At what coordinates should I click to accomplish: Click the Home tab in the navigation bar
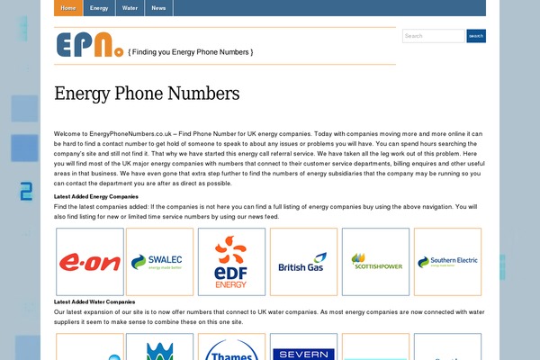click(x=68, y=8)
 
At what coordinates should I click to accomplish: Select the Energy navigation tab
click(x=99, y=8)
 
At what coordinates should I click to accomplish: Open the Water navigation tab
click(x=130, y=8)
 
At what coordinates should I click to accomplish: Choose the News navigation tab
click(x=158, y=8)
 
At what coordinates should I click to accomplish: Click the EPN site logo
click(x=89, y=45)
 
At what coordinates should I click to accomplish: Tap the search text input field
click(x=433, y=36)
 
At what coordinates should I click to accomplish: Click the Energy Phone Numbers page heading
click(x=147, y=94)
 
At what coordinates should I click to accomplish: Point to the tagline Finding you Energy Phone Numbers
click(x=191, y=52)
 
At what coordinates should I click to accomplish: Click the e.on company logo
click(x=89, y=261)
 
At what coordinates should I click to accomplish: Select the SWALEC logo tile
click(x=159, y=261)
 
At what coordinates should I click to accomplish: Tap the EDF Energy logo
click(x=230, y=261)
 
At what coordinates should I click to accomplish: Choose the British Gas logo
click(x=303, y=261)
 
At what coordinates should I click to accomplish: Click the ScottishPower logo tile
click(x=375, y=261)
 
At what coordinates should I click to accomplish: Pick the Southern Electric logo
click(x=447, y=261)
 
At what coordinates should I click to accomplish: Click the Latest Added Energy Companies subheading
click(x=95, y=195)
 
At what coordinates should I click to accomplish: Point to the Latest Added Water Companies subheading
click(x=94, y=301)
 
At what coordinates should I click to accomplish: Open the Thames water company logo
click(x=230, y=348)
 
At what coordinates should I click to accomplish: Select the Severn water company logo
click(x=303, y=351)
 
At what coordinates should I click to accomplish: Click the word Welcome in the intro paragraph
click(x=67, y=133)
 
